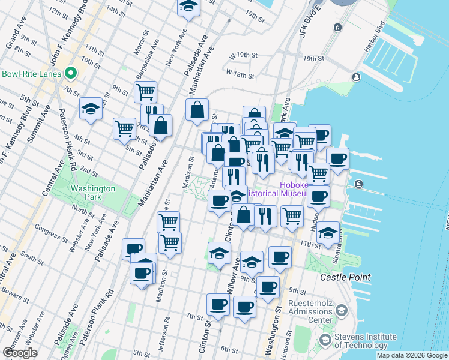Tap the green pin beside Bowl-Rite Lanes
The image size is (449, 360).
click(71, 74)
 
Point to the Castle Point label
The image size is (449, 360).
click(345, 278)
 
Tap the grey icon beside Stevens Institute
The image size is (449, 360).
click(325, 341)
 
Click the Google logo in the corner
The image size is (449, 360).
click(20, 353)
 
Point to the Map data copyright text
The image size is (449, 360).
click(412, 355)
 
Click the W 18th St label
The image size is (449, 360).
click(241, 74)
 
